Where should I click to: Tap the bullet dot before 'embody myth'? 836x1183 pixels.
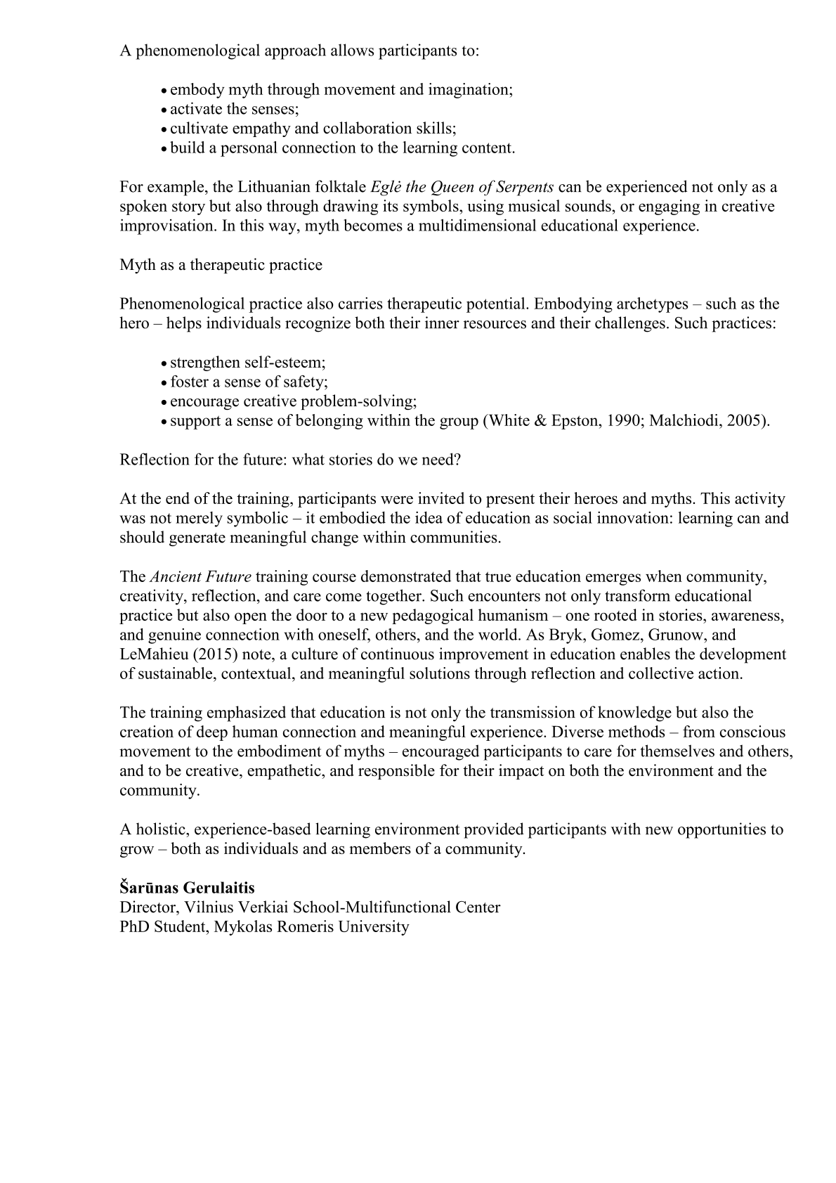164,91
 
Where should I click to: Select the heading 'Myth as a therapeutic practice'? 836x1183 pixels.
221,265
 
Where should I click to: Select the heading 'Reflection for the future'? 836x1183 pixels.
290,460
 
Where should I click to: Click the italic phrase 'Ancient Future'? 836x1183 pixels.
200,577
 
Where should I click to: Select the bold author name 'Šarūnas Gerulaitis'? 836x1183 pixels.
187,888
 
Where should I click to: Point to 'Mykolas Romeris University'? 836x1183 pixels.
311,926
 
